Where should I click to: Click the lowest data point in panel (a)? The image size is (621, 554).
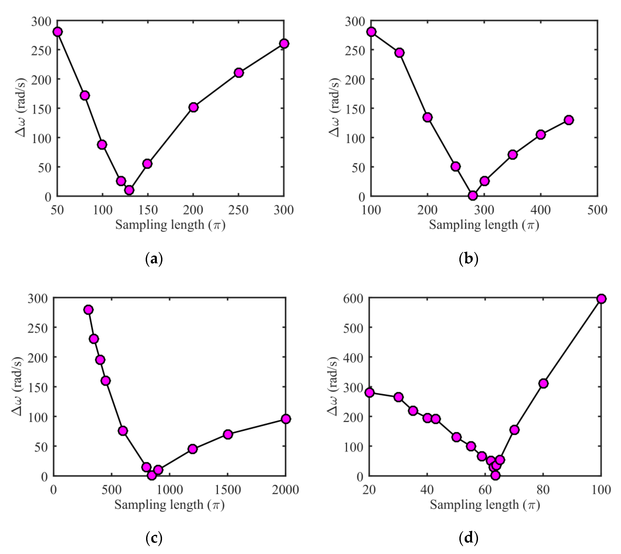[x=129, y=190]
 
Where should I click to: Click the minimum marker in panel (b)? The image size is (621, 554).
[x=472, y=195]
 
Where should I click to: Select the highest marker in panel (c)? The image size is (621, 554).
[x=89, y=310]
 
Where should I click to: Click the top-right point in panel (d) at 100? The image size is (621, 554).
[x=601, y=299]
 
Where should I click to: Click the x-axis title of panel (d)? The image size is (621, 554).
[x=485, y=505]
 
